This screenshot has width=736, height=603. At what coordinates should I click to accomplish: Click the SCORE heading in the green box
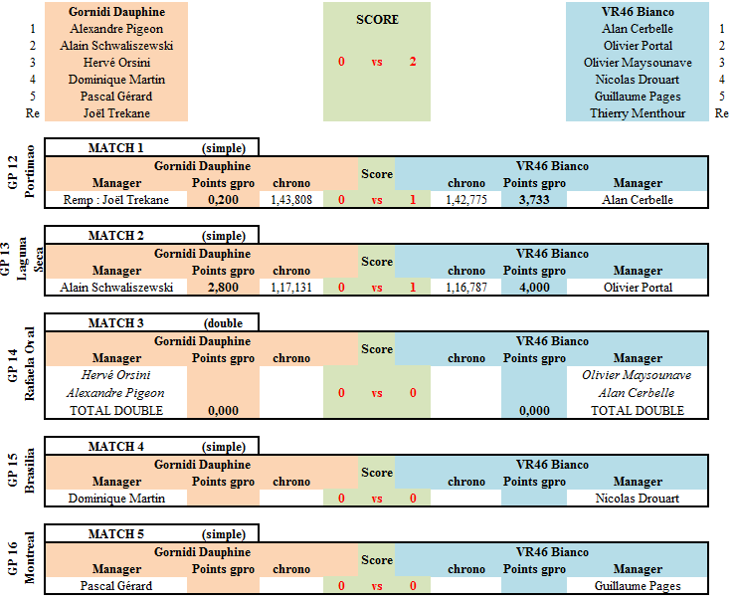tap(377, 19)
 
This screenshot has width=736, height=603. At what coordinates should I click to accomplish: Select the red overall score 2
tap(413, 62)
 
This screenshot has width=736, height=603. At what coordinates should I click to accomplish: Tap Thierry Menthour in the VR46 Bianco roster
tap(638, 113)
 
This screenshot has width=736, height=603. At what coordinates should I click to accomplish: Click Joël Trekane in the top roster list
tap(116, 113)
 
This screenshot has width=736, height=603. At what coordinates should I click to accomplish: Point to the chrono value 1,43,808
tap(291, 200)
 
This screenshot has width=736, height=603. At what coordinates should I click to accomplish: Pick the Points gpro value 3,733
tap(534, 200)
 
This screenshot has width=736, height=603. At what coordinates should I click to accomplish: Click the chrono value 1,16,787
tap(466, 288)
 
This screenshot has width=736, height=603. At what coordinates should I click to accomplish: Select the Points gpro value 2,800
tap(223, 288)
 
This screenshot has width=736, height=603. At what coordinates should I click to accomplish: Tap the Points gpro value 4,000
tap(534, 288)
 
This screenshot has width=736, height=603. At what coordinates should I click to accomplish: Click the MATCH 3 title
tap(116, 323)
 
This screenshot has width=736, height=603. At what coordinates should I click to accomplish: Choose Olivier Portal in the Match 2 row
tap(638, 288)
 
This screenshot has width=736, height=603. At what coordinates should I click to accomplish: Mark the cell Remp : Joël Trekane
tap(116, 200)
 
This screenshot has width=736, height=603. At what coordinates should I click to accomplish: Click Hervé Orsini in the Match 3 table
tap(116, 375)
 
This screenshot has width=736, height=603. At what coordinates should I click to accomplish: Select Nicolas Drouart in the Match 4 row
tap(638, 499)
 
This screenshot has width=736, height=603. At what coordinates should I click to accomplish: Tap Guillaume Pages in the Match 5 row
tap(638, 586)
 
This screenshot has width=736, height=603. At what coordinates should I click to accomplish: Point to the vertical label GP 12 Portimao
tap(21, 172)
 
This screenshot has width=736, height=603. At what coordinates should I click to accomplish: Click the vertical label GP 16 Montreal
tap(21, 558)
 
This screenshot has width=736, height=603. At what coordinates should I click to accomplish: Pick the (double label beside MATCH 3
tap(223, 323)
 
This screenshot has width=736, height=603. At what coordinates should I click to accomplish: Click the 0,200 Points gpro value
tap(223, 200)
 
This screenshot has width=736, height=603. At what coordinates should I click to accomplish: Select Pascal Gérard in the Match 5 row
tap(116, 586)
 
